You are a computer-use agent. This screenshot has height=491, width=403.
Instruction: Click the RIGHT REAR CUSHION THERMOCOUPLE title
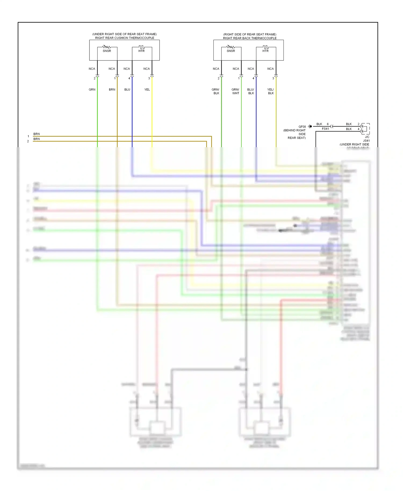[125, 38]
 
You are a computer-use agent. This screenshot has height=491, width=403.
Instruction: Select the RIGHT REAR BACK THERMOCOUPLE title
[250, 38]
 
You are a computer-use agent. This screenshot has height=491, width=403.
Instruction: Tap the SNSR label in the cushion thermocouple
[107, 51]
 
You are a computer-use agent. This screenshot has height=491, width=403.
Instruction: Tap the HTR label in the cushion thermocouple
[141, 51]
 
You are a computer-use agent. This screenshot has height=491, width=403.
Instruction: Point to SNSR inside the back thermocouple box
[231, 51]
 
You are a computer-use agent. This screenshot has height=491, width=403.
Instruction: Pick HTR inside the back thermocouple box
[265, 51]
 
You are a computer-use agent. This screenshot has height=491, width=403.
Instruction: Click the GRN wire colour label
[92, 89]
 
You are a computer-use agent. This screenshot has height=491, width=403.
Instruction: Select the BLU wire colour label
[127, 89]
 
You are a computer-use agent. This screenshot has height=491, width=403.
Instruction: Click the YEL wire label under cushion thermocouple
[147, 89]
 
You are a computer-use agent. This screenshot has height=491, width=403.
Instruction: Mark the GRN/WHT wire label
[235, 91]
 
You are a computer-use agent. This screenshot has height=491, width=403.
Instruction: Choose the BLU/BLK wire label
[251, 91]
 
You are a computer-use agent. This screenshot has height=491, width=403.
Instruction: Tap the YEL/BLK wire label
[271, 91]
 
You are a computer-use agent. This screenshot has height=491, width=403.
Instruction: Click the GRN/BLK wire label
[216, 91]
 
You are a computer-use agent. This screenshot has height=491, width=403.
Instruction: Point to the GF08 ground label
[302, 127]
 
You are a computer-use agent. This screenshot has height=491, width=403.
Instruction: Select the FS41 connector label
[325, 129]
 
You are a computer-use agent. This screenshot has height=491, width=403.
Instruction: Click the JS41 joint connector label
[366, 140]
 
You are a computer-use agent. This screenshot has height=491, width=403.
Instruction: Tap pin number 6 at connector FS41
[328, 124]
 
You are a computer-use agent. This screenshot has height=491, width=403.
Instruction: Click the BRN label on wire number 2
[37, 139]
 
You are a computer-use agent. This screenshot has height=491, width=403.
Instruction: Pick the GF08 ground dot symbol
[310, 126]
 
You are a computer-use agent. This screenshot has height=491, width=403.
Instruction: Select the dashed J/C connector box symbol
[365, 129]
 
